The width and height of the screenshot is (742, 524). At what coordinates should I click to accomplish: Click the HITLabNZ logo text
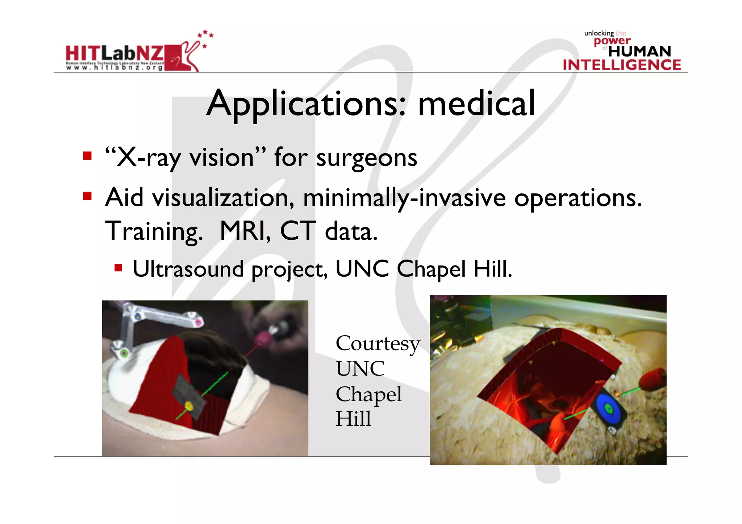[114, 54]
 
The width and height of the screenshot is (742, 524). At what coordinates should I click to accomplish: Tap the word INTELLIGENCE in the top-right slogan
[622, 65]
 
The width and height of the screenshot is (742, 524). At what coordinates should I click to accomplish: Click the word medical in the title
[476, 104]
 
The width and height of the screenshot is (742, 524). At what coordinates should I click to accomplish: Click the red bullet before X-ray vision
[87, 156]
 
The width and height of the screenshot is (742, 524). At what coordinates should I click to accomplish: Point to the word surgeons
[367, 159]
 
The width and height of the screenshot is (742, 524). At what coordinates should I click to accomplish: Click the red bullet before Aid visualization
[87, 196]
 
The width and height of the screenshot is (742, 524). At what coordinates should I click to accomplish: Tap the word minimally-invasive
[404, 198]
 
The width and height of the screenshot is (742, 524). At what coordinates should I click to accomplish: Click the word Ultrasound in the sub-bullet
[188, 269]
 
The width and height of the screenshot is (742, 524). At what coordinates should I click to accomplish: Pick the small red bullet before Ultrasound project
[118, 268]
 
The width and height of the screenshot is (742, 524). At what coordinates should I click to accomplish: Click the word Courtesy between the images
[378, 344]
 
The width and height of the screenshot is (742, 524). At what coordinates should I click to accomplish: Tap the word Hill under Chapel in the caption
[353, 419]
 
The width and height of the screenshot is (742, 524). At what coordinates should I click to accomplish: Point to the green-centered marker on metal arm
[124, 353]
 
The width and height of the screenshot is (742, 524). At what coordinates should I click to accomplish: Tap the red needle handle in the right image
[652, 380]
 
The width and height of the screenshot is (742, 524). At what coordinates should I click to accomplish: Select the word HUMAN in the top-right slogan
[639, 51]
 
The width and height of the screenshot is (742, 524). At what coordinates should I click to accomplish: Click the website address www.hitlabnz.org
[114, 67]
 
